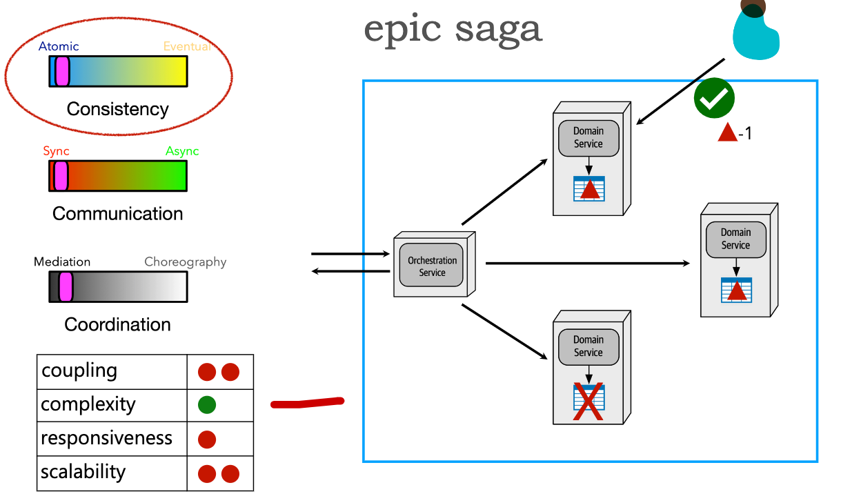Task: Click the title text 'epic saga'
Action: point(453,29)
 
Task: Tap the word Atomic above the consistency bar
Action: point(59,47)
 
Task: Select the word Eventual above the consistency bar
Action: point(187,47)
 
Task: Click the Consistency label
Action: point(117,109)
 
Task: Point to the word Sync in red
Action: point(56,151)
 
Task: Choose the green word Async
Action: point(182,151)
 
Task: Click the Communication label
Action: point(117,214)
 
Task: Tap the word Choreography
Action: point(185,262)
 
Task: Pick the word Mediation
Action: point(62,262)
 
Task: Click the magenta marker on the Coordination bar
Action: point(66,286)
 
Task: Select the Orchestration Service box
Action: point(433,266)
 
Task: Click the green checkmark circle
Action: point(714,99)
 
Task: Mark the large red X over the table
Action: point(588,402)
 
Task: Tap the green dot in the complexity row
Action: point(207,405)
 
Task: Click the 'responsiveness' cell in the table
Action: point(106,439)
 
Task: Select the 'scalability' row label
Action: point(83,473)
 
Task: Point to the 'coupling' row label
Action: point(79,371)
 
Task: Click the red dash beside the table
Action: point(307,402)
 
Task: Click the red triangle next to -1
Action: point(728,132)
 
